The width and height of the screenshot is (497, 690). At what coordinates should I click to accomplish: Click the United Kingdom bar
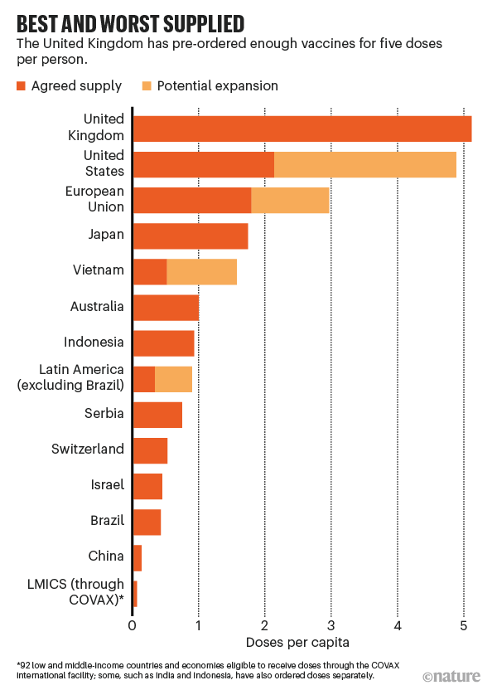pyautogui.click(x=302, y=129)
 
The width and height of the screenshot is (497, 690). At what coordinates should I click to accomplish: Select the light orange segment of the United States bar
pyautogui.click(x=365, y=165)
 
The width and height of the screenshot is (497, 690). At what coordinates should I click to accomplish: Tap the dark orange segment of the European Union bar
pyautogui.click(x=191, y=201)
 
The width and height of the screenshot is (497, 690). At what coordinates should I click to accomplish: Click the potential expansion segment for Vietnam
pyautogui.click(x=202, y=272)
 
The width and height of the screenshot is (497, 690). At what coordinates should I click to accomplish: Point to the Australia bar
pyautogui.click(x=166, y=308)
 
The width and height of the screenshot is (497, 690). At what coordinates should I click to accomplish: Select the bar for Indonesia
pyautogui.click(x=163, y=343)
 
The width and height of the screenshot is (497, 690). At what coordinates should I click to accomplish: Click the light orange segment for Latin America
pyautogui.click(x=174, y=378)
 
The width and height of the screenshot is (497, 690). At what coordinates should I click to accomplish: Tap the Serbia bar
pyautogui.click(x=157, y=414)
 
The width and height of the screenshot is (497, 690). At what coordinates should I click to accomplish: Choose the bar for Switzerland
pyautogui.click(x=150, y=449)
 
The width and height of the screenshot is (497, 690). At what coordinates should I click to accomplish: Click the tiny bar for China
pyautogui.click(x=137, y=558)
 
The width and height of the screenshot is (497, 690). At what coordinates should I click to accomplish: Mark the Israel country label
pyautogui.click(x=108, y=484)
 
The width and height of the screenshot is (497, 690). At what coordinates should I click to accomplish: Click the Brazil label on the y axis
pyautogui.click(x=107, y=520)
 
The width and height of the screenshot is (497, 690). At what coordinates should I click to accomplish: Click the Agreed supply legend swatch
pyautogui.click(x=22, y=85)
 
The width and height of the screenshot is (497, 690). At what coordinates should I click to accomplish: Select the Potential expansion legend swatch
pyautogui.click(x=147, y=85)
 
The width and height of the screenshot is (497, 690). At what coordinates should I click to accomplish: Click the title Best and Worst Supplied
pyautogui.click(x=130, y=21)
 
